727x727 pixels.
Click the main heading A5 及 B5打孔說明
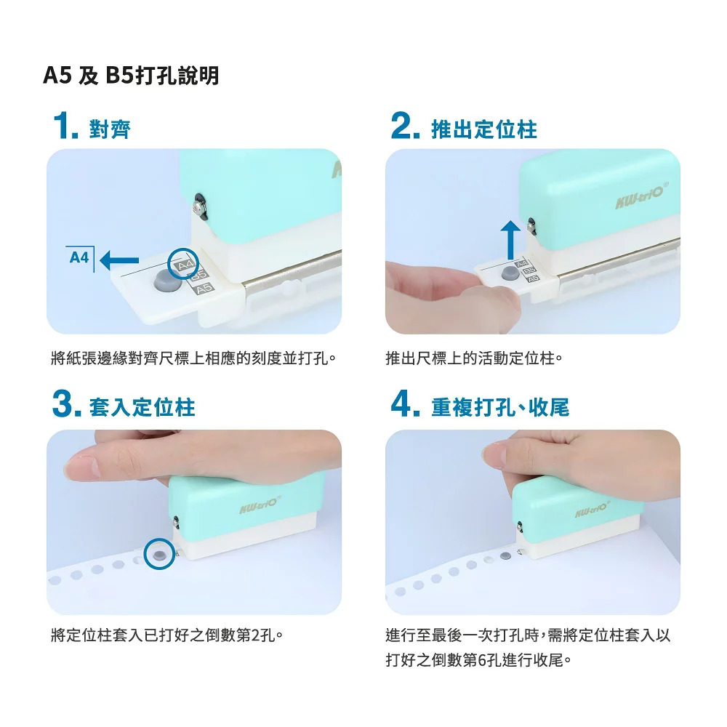[x=131, y=75]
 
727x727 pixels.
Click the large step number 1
[x=65, y=125]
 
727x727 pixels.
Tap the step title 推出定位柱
[x=484, y=129]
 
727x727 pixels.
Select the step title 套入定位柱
[x=142, y=407]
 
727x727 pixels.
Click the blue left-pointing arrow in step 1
[x=119, y=260]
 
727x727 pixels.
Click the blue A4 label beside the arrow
[x=79, y=257]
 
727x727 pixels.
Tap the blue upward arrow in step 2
[x=510, y=240]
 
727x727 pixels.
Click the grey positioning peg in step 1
[x=166, y=280]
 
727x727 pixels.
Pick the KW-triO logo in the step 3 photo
[x=260, y=505]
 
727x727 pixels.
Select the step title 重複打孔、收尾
[x=500, y=407]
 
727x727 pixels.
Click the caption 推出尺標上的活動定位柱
[x=474, y=358]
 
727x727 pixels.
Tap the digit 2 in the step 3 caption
[x=256, y=635]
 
